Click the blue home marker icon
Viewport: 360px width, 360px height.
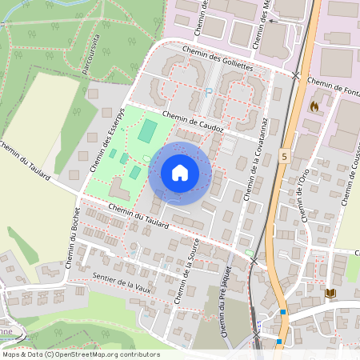pos(180,173)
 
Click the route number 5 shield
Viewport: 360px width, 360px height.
pos(284,158)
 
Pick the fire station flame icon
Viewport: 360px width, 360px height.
pos(314,105)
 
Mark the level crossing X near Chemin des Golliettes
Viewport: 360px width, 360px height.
pos(296,75)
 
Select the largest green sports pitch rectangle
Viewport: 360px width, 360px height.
pos(147,131)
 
